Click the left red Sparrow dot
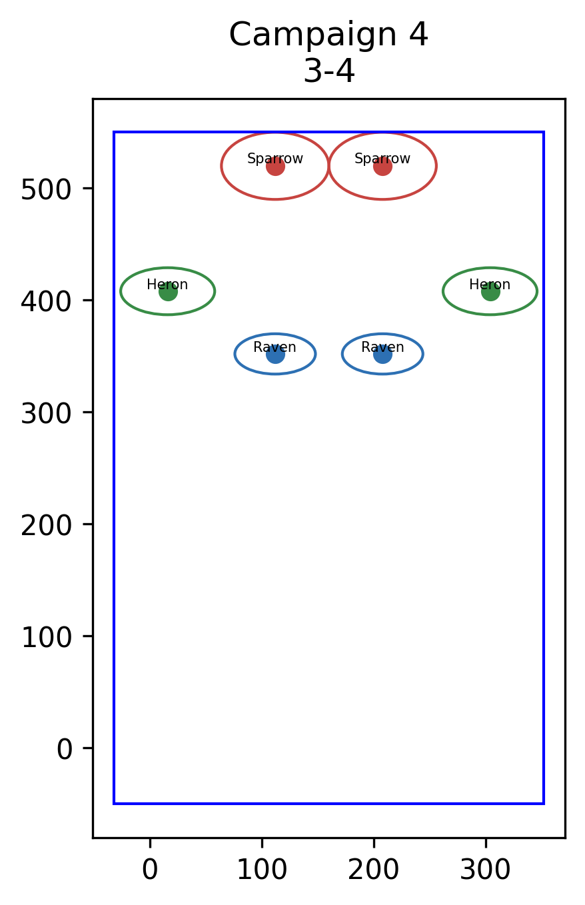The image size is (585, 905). click(275, 166)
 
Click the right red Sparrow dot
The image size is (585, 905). click(382, 166)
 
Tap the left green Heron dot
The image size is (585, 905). click(168, 291)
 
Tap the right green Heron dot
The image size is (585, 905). click(490, 291)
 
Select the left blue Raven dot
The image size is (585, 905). click(275, 355)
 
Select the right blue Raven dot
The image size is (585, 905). click(382, 355)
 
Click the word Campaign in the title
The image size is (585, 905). click(313, 35)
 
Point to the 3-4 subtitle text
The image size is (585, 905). click(329, 71)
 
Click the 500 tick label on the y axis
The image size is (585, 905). click(46, 189)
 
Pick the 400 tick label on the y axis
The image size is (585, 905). click(46, 301)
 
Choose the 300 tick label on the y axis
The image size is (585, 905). click(46, 413)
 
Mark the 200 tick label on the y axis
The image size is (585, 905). click(46, 525)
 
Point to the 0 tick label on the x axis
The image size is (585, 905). click(150, 869)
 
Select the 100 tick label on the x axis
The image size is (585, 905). click(262, 869)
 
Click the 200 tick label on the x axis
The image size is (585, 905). click(374, 869)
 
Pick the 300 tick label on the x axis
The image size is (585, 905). click(486, 869)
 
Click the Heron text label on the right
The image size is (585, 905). click(490, 285)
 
